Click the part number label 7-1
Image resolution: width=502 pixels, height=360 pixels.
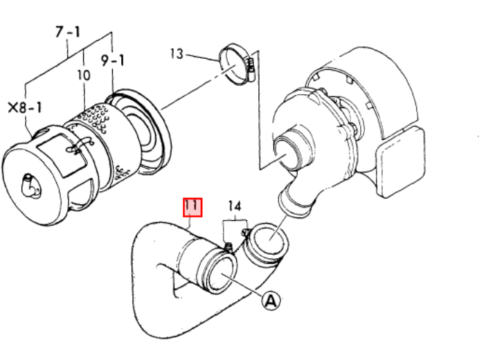click(68, 32)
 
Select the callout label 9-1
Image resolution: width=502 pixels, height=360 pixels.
click(112, 60)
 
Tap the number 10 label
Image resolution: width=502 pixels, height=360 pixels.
click(84, 75)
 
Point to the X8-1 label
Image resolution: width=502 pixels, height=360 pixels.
click(25, 107)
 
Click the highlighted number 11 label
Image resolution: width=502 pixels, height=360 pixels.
click(192, 207)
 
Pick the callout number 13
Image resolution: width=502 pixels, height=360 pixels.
click(177, 54)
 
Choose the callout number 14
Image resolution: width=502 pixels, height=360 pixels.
click(235, 206)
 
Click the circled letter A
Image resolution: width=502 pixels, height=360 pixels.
click(271, 300)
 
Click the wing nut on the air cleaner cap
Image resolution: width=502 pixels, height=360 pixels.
click(30, 186)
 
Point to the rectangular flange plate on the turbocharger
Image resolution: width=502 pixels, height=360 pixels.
click(400, 162)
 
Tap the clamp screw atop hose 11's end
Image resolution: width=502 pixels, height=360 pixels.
click(228, 247)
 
